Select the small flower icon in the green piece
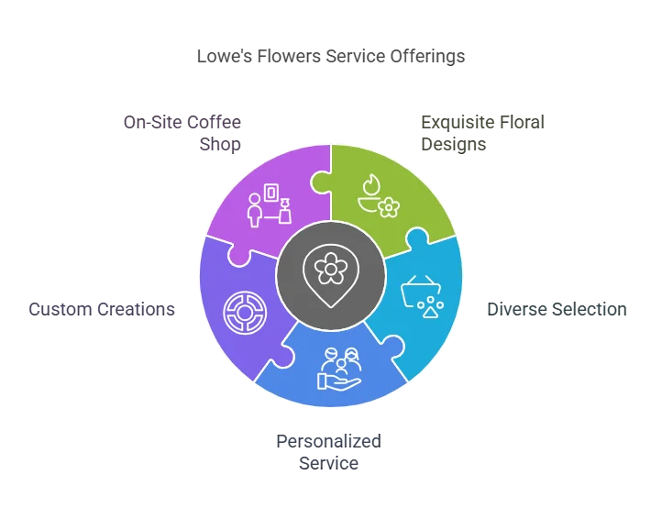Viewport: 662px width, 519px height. [388, 208]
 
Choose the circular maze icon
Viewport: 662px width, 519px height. [242, 312]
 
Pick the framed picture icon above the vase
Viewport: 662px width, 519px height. [272, 193]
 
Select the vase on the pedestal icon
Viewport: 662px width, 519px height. [284, 214]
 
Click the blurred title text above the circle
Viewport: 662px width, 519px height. [330, 57]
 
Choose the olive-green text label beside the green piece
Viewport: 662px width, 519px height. [483, 133]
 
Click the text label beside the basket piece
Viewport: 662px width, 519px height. [557, 308]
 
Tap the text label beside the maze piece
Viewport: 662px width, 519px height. [99, 308]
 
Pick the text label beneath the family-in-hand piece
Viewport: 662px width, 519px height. [326, 451]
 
